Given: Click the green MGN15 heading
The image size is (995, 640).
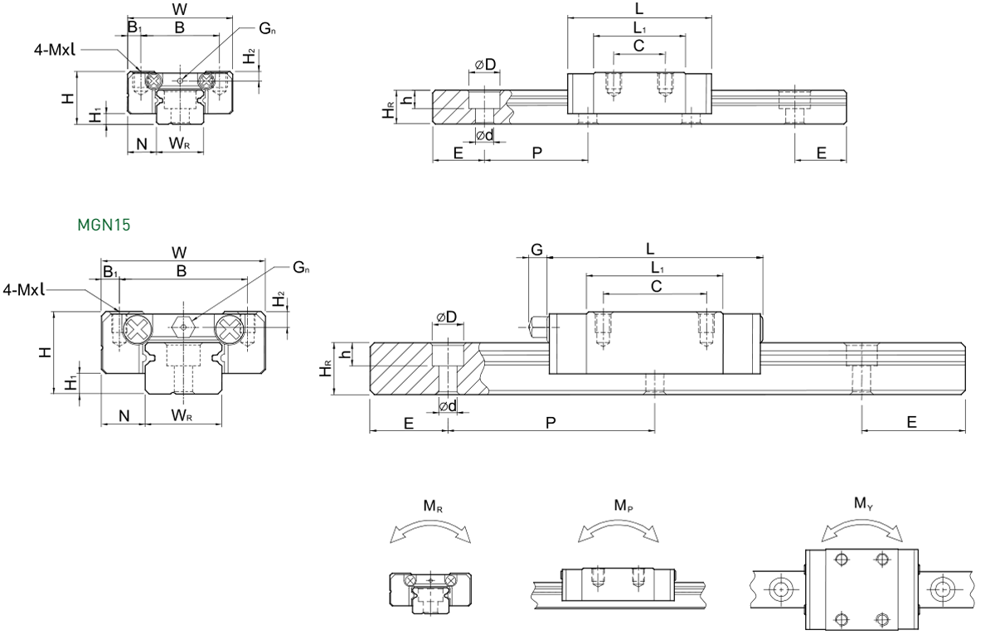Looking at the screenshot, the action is (104, 225).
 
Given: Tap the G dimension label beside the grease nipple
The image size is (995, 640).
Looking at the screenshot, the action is (537, 250).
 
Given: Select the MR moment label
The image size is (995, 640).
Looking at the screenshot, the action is (433, 506).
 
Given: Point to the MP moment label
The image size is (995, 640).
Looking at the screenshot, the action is (624, 506).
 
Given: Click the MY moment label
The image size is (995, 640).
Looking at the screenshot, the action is (863, 504).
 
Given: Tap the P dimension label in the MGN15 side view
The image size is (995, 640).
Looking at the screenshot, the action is (551, 422).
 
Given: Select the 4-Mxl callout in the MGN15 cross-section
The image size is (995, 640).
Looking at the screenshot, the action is (24, 290).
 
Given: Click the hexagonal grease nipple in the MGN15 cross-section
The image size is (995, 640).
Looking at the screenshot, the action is (183, 327).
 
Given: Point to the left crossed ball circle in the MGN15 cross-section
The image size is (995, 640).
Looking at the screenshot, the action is (138, 329).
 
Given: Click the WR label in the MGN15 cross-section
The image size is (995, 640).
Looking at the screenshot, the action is (182, 415).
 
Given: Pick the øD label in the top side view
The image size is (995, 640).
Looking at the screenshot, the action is (485, 65).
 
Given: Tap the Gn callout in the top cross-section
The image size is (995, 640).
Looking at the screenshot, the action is (267, 29).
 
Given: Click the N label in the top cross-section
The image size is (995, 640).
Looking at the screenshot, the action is (142, 144).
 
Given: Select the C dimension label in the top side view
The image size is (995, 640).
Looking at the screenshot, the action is (638, 46).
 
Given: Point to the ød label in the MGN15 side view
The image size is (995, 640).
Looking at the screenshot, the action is (448, 406).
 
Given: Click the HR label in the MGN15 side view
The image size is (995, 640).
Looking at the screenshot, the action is (326, 369).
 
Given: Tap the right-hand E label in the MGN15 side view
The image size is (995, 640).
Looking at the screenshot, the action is (911, 422).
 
